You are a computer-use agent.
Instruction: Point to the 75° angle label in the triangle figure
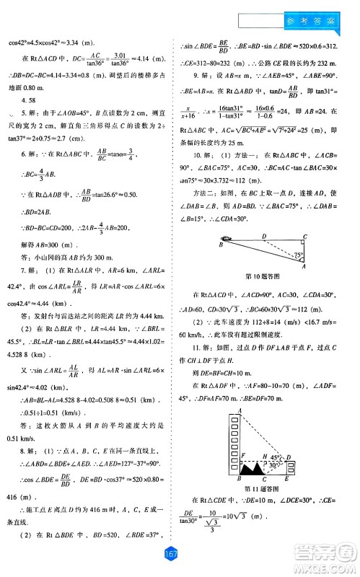299,255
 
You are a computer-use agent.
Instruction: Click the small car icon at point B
227,239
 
